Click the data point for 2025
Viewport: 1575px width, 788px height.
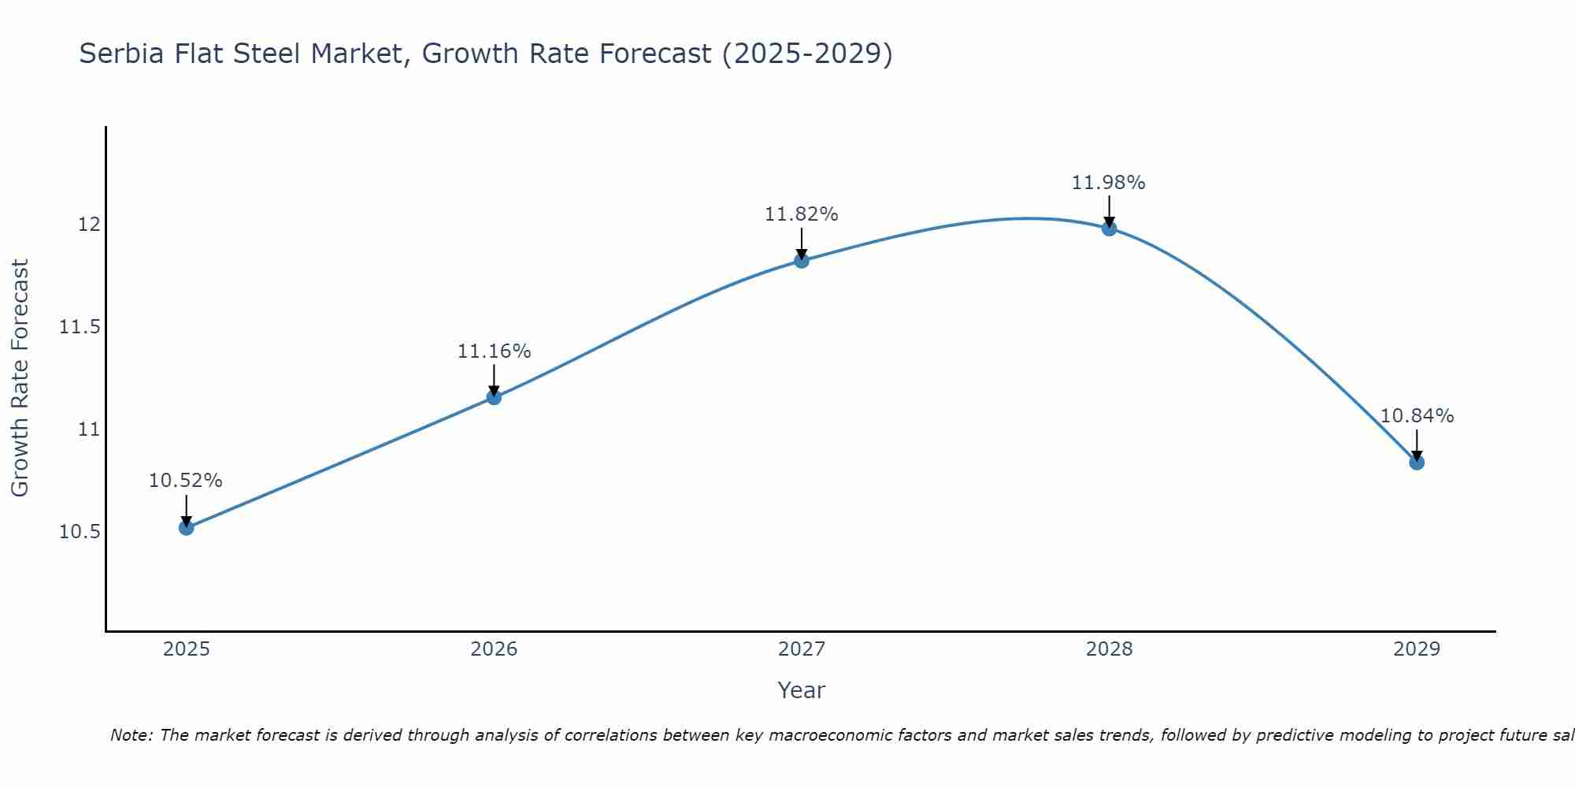[x=187, y=527]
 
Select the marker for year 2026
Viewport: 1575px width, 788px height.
[x=494, y=397]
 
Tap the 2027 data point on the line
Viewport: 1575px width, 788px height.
[x=802, y=260]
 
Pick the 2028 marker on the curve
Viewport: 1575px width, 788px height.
[x=1109, y=229]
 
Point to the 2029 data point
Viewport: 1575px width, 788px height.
[x=1417, y=463]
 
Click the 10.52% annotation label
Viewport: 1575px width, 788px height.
[x=186, y=481]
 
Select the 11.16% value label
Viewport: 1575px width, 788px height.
[x=494, y=351]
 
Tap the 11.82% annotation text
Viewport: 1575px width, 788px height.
[x=802, y=214]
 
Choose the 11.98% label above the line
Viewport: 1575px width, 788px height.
[x=1108, y=183]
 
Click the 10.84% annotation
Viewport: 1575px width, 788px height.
[x=1417, y=416]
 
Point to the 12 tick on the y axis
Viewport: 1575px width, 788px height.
[x=89, y=225]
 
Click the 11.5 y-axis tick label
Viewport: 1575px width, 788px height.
[x=80, y=327]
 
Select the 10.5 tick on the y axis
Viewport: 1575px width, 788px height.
[x=80, y=532]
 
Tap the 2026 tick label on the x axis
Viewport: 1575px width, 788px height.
[x=494, y=649]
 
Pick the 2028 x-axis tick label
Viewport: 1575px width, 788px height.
[x=1109, y=649]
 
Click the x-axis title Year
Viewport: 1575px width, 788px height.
[x=801, y=690]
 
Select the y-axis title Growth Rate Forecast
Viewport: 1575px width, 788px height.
[x=20, y=378]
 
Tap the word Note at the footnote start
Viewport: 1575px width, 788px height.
[x=132, y=735]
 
